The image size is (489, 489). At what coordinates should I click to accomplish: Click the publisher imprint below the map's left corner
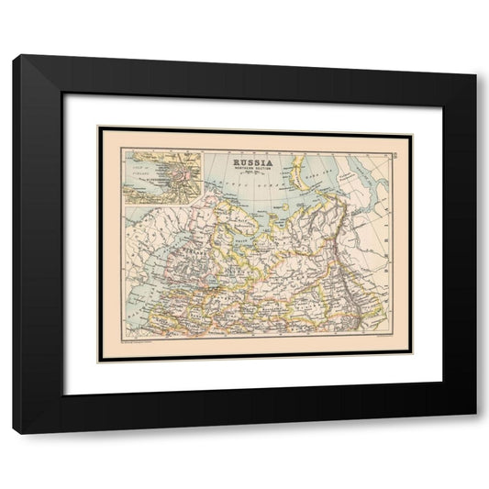(128, 346)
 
